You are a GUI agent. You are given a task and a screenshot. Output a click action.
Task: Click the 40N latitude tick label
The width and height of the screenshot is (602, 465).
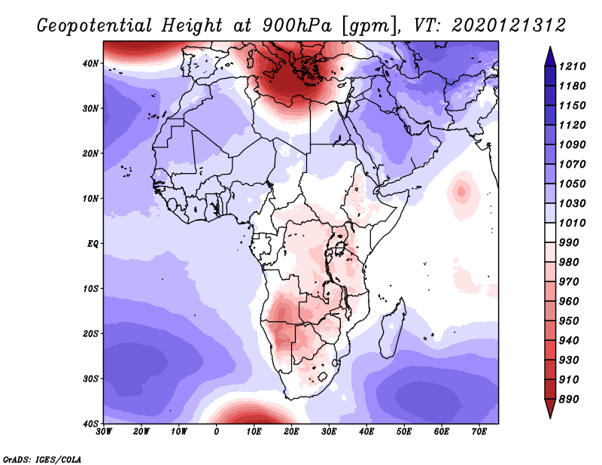point(90,63)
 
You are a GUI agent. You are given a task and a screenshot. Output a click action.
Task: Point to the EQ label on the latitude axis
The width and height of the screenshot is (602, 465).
point(93,244)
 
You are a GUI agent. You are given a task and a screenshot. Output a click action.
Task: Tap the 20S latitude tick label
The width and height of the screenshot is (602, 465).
point(90,333)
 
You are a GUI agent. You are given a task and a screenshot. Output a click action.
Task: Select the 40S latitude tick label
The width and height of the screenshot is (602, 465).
point(90,424)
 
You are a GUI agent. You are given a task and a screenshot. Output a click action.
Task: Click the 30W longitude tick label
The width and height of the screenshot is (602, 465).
point(104,432)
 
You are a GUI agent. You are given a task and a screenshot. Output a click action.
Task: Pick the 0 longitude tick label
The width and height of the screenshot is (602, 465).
point(217,432)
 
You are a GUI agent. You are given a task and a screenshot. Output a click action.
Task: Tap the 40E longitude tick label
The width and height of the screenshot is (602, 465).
point(366,432)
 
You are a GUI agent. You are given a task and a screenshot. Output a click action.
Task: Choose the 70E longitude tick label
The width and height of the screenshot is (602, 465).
point(479,432)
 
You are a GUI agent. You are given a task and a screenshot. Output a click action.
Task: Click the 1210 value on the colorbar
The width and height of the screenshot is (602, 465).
point(572,66)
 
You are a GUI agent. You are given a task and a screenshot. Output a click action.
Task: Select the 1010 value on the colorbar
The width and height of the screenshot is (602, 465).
point(572,223)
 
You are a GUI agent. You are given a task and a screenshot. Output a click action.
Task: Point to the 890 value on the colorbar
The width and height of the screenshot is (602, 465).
point(569,400)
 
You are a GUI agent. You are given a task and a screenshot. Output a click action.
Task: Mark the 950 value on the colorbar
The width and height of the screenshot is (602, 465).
point(569,321)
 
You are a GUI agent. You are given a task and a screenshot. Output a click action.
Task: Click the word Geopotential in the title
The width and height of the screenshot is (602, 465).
point(95,26)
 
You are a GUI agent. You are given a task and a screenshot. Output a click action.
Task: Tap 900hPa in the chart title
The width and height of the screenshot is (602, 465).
point(297,26)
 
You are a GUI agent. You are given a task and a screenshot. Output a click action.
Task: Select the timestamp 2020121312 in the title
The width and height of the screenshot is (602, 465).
point(509,26)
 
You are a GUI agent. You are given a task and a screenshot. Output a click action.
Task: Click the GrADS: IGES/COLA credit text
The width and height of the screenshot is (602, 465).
point(42,460)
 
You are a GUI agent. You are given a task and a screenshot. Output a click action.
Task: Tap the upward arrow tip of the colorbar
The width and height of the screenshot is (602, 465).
point(550,47)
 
